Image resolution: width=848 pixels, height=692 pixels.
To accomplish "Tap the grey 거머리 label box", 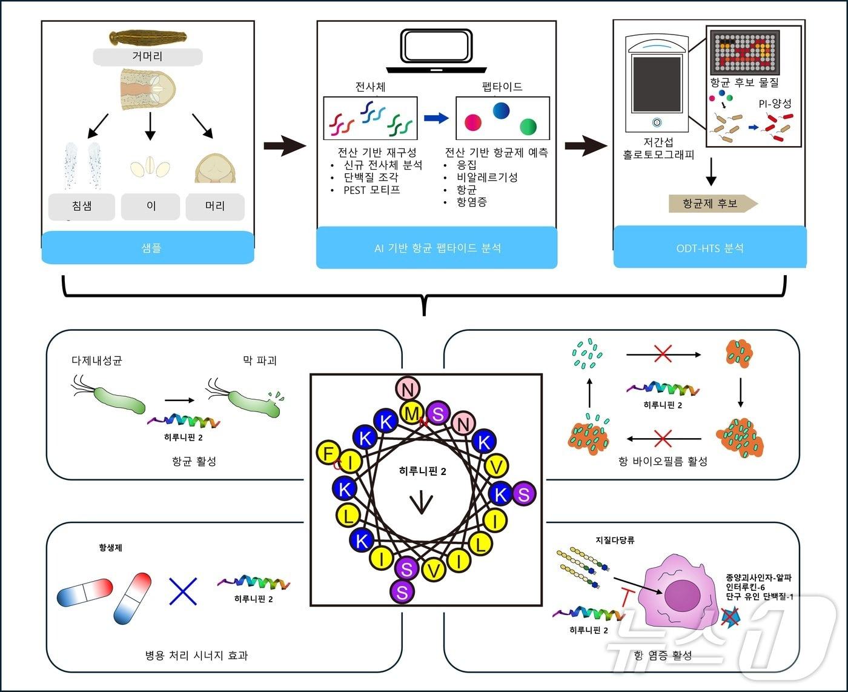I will coord(147,57).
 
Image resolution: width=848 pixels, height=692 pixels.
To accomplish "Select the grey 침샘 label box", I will coord(82,206).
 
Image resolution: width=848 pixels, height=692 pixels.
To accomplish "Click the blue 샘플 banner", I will coord(148,248).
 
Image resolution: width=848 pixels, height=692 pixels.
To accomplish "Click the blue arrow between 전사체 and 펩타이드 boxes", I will coord(436,118).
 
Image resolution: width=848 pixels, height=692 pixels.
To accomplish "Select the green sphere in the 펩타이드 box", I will coord(528,126).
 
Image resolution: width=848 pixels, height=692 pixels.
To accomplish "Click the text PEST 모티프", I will coord(371,190).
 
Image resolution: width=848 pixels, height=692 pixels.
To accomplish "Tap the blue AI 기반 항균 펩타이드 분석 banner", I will coord(436,248).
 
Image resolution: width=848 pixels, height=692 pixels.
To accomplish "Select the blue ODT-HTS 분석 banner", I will coord(709,248).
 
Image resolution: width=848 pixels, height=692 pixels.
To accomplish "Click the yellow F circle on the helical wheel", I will coord(329,453).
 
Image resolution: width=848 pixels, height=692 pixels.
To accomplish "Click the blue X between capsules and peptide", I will coord(183,590).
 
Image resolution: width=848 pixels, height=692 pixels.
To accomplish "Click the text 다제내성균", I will coord(97,361).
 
